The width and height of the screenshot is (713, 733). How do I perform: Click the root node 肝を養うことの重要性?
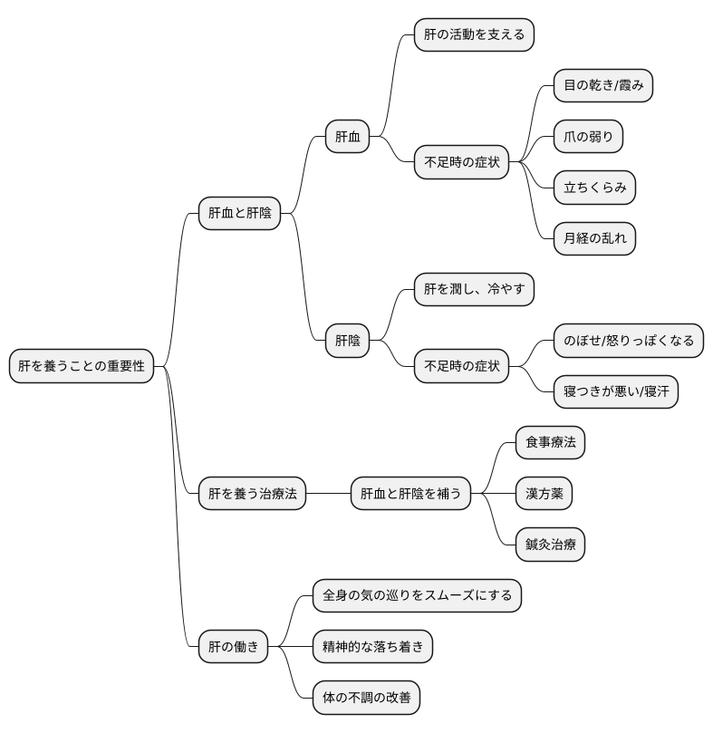point(82,367)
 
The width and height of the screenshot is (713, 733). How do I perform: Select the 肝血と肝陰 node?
point(239,214)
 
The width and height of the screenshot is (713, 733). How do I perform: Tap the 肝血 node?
point(347,138)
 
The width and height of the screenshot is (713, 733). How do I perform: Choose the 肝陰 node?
point(347,341)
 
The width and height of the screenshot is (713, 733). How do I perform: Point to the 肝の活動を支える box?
point(474,35)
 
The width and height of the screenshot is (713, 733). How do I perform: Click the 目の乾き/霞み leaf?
point(602,86)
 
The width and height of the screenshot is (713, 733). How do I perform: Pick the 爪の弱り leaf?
point(588,138)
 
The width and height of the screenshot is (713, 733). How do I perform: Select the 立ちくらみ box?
point(594,188)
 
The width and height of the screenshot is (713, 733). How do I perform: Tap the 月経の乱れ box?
point(594,239)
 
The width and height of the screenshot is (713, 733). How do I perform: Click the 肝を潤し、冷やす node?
point(474,290)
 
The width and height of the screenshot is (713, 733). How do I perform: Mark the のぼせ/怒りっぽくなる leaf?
point(628,341)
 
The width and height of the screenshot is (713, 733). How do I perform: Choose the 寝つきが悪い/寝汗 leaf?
point(615,391)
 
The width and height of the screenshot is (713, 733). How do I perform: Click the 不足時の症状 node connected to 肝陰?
point(461,367)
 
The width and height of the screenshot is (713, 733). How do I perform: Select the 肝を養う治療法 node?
point(252,494)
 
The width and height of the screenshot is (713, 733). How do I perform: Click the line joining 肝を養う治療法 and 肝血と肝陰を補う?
point(328,494)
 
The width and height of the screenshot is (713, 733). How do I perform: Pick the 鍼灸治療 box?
point(550,545)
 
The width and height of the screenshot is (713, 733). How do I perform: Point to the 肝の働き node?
point(233,646)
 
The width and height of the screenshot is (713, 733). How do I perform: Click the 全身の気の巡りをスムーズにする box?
point(417,595)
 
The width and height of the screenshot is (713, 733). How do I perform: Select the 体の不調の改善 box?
point(366,698)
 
